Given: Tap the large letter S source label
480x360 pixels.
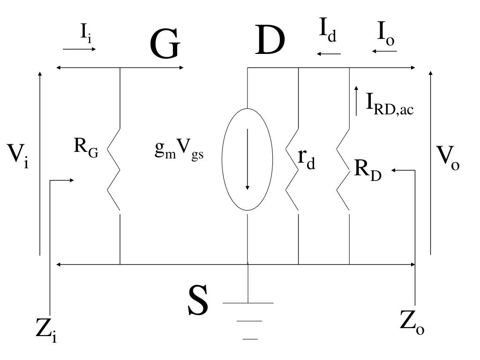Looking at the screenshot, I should [197, 302].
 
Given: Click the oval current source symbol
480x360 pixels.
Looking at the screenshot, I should [247, 159].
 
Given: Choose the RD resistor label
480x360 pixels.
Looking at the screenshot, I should [367, 169].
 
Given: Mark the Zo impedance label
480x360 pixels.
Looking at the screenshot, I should [412, 322].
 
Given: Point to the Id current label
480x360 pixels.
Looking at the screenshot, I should [328, 31].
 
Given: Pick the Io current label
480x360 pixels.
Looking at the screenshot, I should [386, 33].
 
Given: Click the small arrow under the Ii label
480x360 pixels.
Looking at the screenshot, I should [79, 48].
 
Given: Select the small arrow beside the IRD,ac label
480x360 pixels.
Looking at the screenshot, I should [356, 100].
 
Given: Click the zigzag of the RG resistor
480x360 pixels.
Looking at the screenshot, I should [114, 169].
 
